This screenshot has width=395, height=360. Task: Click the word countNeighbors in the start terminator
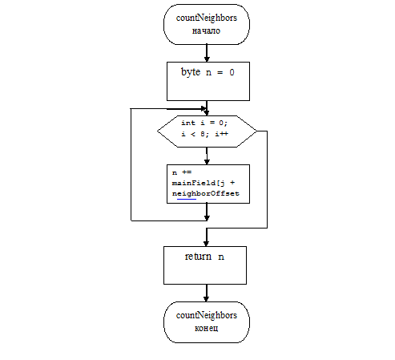coord(207,18)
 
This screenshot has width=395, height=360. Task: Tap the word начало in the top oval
coord(206,30)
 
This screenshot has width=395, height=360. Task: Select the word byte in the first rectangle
coord(191,72)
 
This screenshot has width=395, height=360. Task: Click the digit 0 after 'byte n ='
coord(232,72)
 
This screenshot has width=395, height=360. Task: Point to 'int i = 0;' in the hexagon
coord(204,123)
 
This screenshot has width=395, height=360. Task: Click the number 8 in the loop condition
coord(203,134)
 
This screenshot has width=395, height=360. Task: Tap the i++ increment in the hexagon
coord(222,134)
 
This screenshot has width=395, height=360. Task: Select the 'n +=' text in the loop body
coord(182,172)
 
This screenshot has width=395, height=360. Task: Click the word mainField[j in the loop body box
coord(199,183)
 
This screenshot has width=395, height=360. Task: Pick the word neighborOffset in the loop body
coord(206,193)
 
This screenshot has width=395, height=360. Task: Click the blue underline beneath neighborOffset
coord(187,199)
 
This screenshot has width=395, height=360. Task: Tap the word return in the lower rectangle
coord(198,257)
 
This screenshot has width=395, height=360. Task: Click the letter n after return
coord(221,257)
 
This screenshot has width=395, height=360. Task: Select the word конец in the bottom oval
coord(206,328)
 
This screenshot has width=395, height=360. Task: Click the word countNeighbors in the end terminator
coord(207,316)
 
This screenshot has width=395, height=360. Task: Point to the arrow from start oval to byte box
coord(207,53)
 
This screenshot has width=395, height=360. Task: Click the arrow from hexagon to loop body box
coord(207,156)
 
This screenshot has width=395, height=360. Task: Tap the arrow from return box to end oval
coord(206,293)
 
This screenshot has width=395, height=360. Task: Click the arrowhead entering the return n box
coord(206,243)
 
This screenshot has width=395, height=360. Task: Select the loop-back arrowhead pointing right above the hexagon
coord(204,109)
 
